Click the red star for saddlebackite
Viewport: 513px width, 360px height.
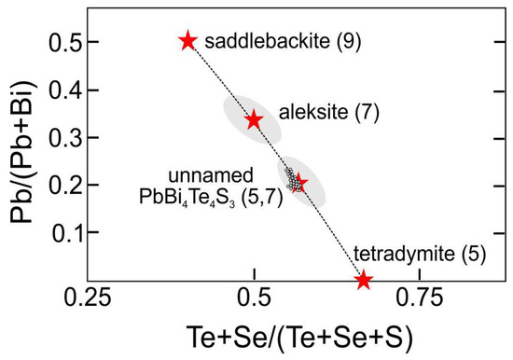tap(188, 41)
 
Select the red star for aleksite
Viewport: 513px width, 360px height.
tap(254, 120)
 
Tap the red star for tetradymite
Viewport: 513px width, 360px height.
tap(364, 280)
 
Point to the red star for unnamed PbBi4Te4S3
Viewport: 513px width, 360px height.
tap(299, 182)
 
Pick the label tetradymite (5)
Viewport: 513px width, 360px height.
tap(413, 253)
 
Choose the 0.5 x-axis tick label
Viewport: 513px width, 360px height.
tap(254, 300)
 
